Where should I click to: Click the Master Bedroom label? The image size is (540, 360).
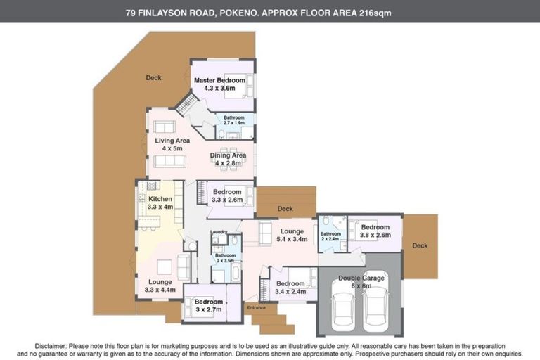(219, 80)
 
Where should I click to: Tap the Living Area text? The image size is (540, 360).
(172, 141)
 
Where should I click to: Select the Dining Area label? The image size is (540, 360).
(228, 155)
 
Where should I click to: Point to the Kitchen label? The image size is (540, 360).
(160, 199)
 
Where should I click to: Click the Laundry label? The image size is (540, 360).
(217, 231)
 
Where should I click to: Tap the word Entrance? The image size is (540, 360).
(255, 307)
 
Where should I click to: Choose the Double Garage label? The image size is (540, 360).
(362, 278)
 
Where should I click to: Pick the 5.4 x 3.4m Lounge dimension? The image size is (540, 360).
(291, 240)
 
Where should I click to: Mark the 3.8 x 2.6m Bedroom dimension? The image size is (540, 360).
(375, 236)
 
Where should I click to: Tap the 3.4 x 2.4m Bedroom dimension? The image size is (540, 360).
(290, 292)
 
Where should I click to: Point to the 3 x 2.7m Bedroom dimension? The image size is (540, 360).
(208, 309)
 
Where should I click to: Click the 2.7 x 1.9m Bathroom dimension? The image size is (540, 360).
(234, 123)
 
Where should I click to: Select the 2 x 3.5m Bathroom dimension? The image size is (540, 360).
(226, 261)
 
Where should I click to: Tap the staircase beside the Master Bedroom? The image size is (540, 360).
(186, 106)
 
